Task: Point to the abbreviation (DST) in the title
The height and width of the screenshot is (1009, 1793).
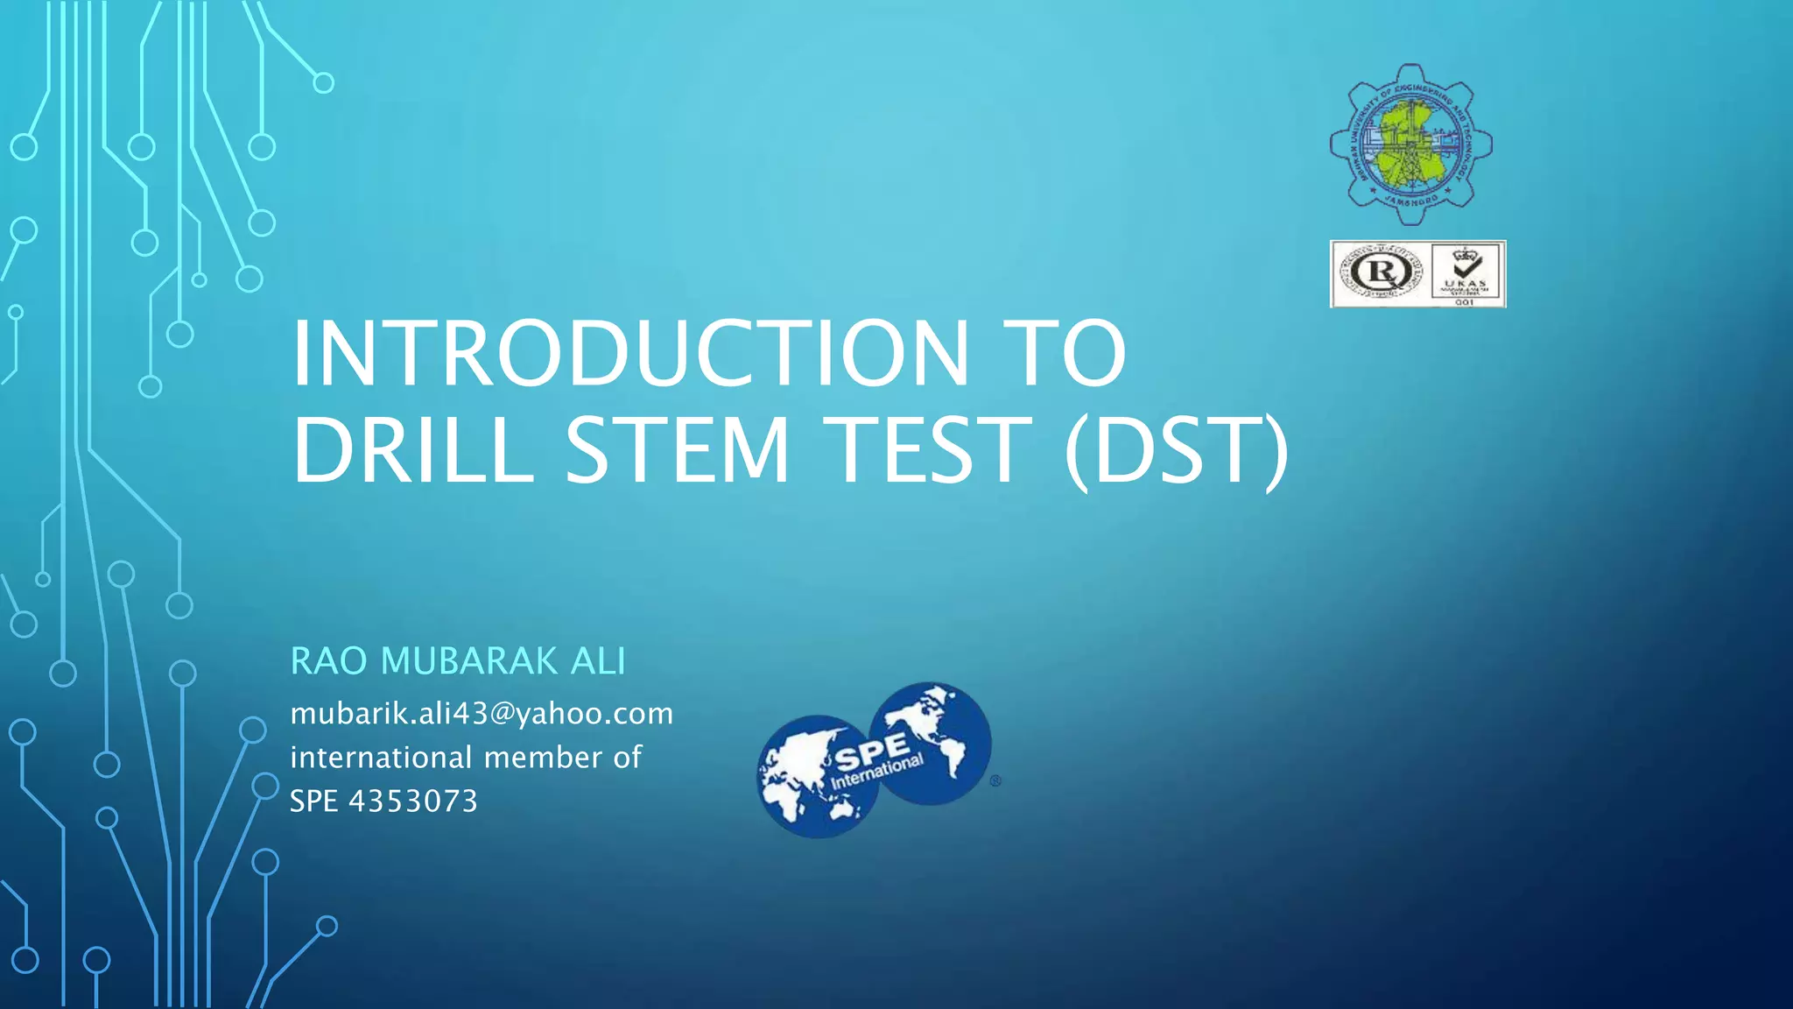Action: coord(1176,451)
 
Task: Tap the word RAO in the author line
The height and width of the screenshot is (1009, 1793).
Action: coord(328,661)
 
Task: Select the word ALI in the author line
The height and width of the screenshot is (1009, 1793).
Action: coord(598,661)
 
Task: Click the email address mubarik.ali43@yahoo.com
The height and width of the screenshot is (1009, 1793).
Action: coord(482,714)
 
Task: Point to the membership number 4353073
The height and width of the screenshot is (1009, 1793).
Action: coord(413,801)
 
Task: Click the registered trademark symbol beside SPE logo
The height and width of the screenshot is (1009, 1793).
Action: coord(995,780)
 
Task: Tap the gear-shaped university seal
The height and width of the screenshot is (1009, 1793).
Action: coord(1410,145)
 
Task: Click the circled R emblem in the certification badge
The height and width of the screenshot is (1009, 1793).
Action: coord(1380,272)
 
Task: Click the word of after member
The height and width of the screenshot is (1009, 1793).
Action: coord(627,758)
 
